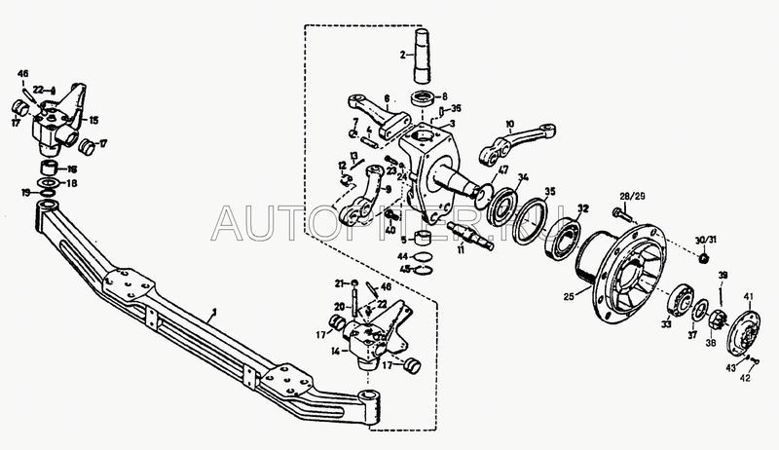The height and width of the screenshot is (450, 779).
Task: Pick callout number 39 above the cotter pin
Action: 723,278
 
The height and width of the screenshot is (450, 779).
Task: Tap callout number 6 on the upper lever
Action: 387,98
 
